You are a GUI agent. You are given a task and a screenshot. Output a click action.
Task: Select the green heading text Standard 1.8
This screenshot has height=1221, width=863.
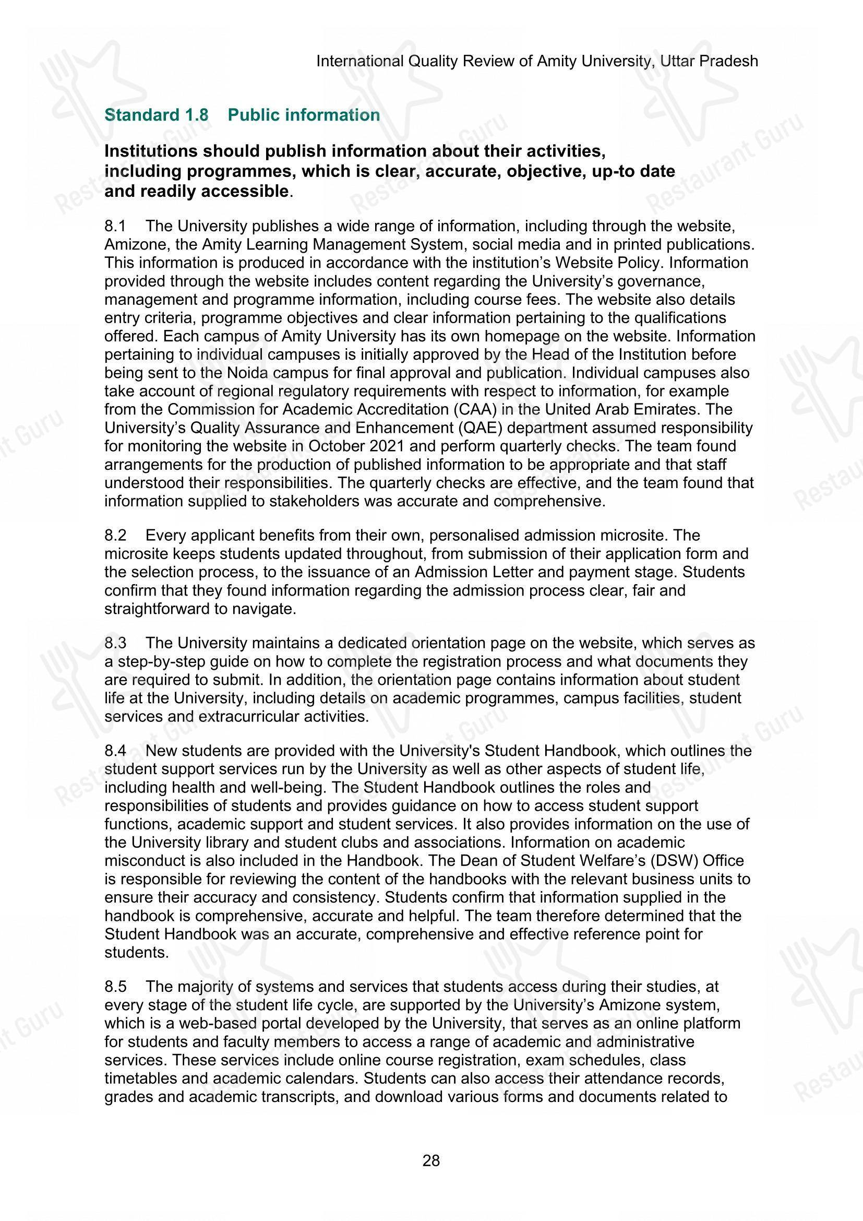157,115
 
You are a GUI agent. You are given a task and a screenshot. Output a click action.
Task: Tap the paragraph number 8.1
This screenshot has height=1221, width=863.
115,227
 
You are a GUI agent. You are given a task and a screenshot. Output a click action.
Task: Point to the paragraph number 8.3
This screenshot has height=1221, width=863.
115,644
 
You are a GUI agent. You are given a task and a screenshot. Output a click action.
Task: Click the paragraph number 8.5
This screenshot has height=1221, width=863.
115,987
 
